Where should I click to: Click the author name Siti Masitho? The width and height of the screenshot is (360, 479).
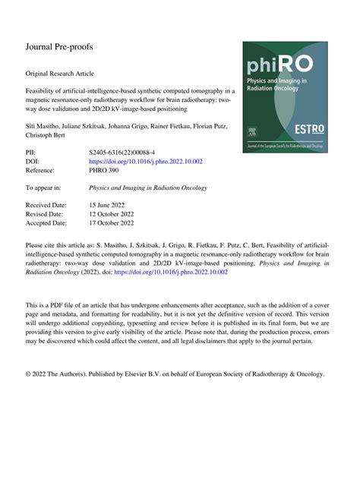(x=45, y=124)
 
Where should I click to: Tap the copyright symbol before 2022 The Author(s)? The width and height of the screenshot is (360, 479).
(x=29, y=374)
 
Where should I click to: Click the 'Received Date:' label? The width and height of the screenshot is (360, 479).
(x=47, y=205)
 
